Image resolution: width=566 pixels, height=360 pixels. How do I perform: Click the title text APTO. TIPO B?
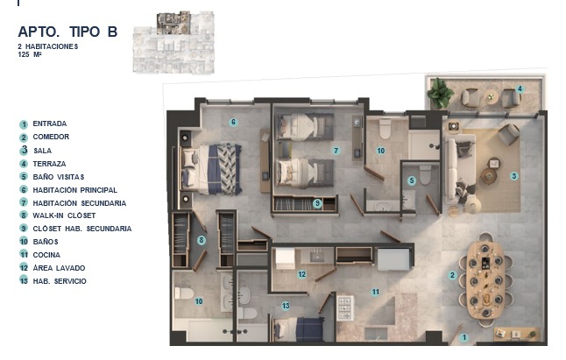[x=67, y=32]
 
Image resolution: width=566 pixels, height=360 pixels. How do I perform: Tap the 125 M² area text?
[x=30, y=55]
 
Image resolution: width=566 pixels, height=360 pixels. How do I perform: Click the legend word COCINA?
[x=46, y=255]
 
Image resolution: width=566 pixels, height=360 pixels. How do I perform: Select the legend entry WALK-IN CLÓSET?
[x=64, y=215]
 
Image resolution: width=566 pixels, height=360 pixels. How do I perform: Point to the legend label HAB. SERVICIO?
[x=60, y=281]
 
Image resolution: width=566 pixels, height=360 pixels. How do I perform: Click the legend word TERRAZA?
[x=49, y=164]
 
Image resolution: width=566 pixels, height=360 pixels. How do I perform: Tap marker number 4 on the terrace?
[x=520, y=88]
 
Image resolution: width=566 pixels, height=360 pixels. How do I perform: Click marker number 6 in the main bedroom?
[x=233, y=123]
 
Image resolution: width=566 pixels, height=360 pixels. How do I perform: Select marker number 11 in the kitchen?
[x=375, y=292]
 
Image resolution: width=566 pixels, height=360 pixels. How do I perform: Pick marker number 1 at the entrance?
[x=464, y=337]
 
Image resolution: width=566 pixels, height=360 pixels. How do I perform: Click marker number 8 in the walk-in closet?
[x=202, y=240]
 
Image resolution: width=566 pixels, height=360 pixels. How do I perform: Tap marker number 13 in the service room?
[x=286, y=306]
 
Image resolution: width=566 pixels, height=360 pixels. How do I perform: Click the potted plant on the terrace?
[x=439, y=93]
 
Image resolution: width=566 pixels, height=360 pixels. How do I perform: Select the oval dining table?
[x=485, y=280]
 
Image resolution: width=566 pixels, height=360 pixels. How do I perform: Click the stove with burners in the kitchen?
[x=345, y=308]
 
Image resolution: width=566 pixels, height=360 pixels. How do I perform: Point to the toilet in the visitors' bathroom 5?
[x=425, y=174]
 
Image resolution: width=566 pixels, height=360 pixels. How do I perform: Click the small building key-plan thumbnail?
[x=173, y=42]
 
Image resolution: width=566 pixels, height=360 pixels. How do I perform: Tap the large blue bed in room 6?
[x=210, y=168]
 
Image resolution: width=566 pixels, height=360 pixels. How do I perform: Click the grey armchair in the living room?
[x=508, y=134]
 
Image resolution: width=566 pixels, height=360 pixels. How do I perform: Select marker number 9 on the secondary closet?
[x=317, y=203]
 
